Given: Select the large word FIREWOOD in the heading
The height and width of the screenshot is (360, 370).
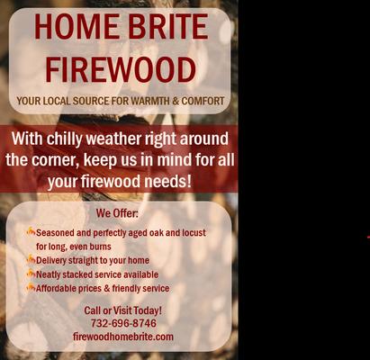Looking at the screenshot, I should click(121, 69).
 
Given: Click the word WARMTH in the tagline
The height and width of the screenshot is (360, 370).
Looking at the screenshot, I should click(157, 101).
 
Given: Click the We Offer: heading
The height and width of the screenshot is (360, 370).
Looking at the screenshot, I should click(118, 213).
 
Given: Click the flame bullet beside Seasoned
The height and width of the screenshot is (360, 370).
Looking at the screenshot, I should click(31, 231).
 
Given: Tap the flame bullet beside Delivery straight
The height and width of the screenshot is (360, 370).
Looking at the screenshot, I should click(31, 260).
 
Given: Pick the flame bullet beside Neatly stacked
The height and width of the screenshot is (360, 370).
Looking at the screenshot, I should click(31, 274).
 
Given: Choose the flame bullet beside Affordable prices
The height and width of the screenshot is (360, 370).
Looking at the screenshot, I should click(31, 288).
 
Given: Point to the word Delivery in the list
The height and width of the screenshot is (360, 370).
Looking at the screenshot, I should click(55, 260).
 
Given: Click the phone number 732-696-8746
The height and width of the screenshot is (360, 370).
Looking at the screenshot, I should click(123, 323).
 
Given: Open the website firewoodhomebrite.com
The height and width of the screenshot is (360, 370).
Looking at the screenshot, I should click(123, 337).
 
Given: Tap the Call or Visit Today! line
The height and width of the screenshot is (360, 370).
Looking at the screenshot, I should click(123, 310).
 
